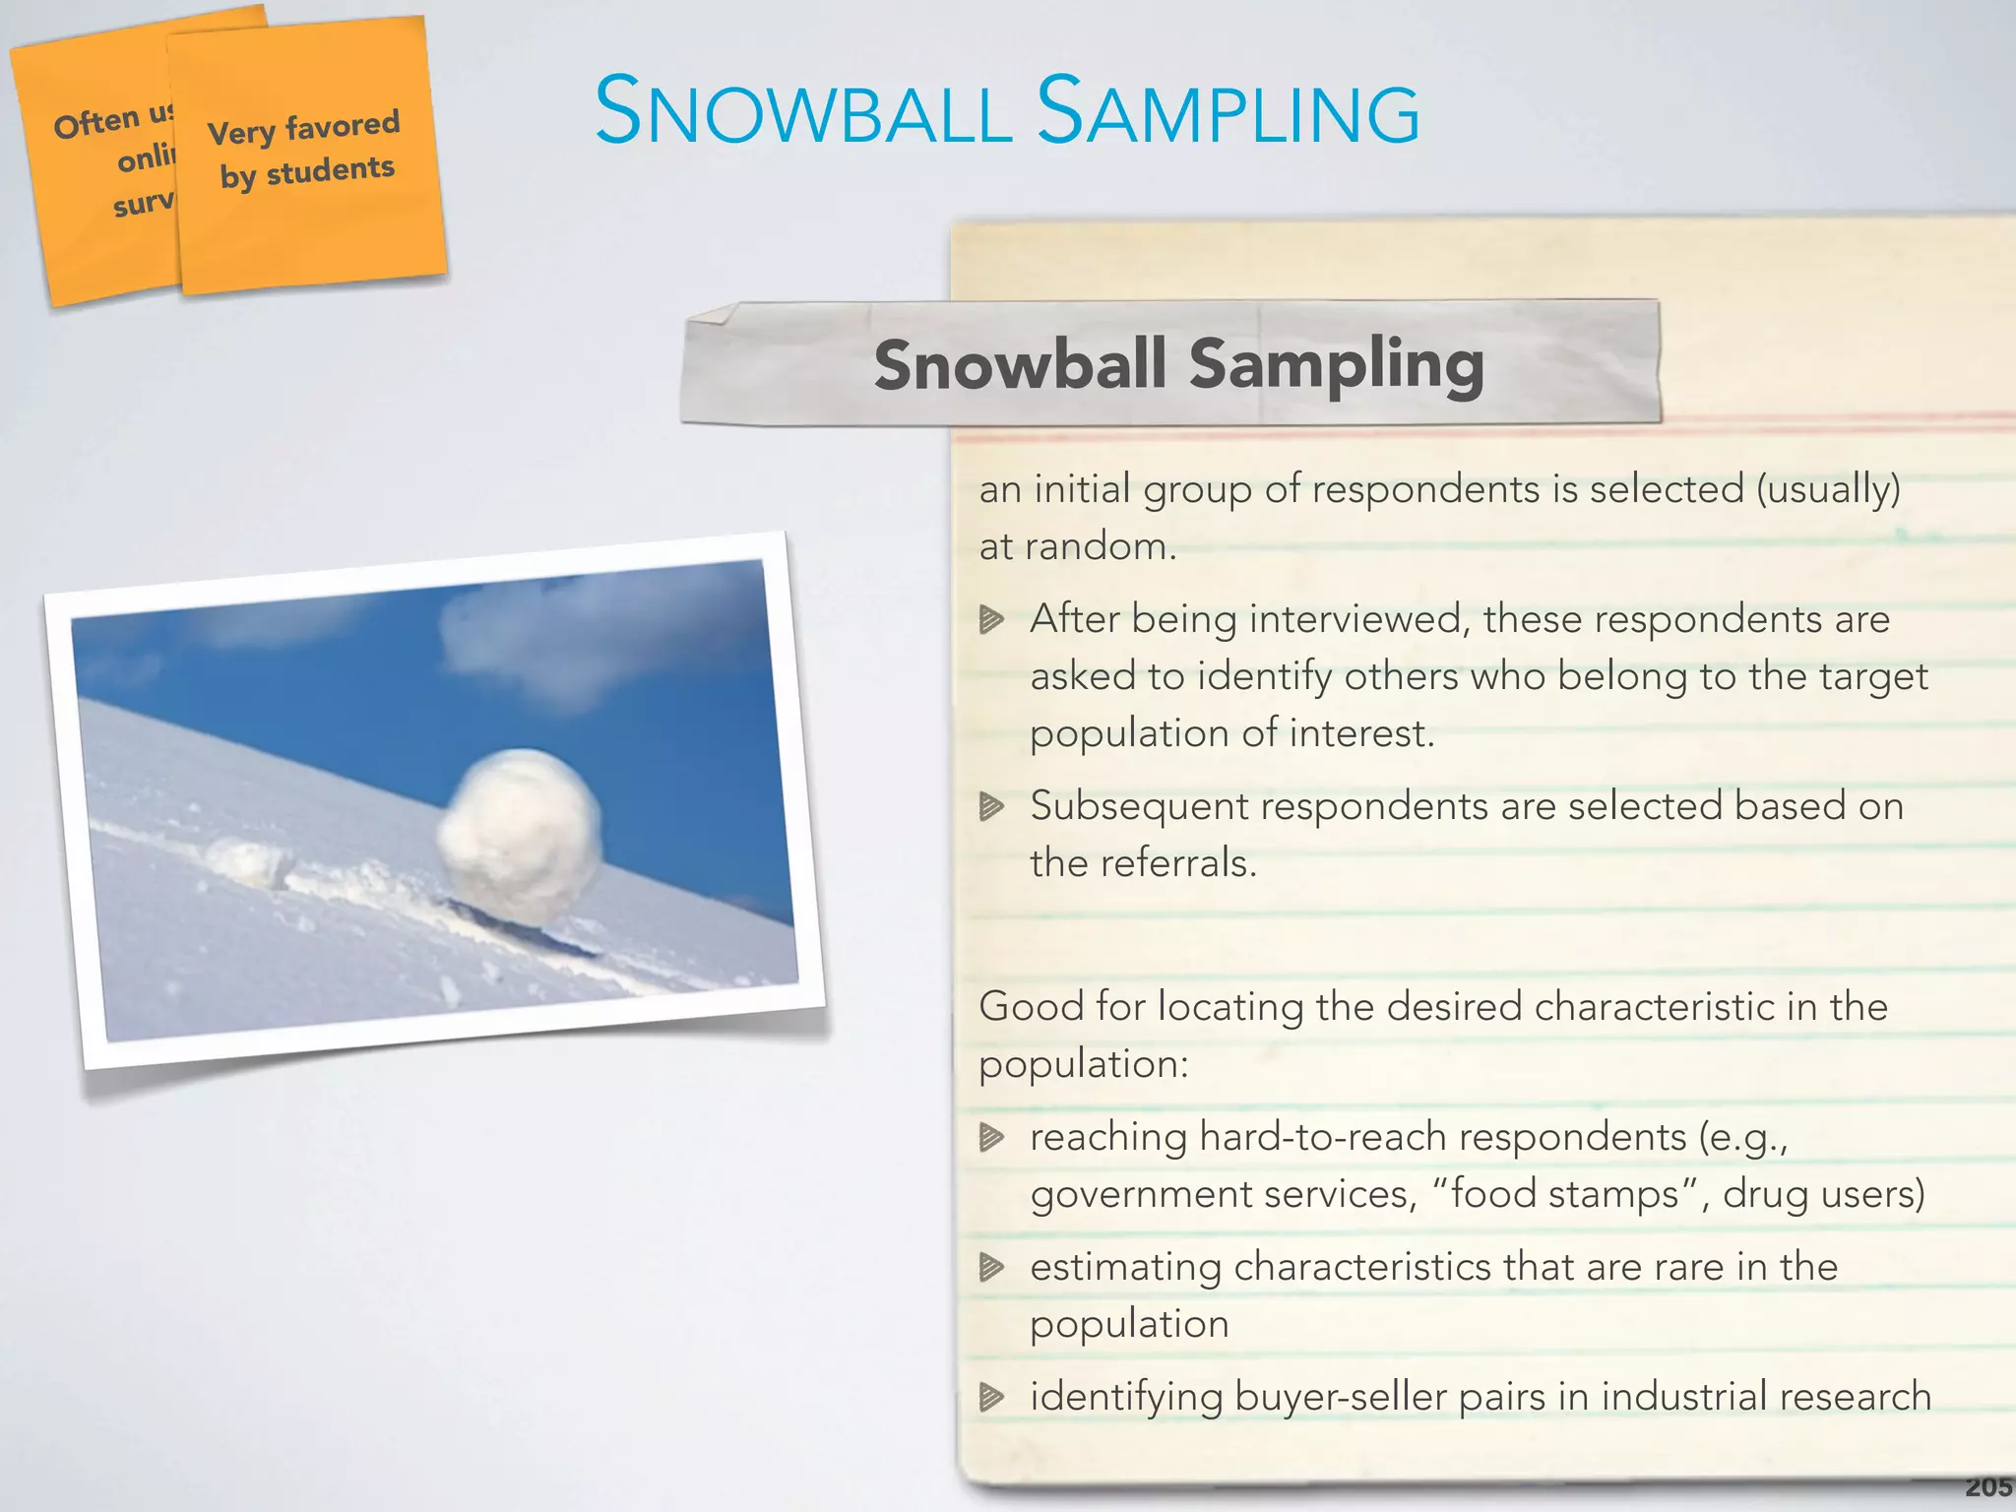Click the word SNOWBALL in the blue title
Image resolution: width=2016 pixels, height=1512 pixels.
coord(802,112)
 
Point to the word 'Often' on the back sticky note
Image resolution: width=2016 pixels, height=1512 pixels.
coord(95,124)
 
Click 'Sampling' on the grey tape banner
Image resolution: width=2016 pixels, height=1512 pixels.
coord(1336,363)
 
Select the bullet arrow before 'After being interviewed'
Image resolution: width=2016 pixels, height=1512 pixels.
coord(991,620)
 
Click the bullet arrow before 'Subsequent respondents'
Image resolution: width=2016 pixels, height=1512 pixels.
coord(991,807)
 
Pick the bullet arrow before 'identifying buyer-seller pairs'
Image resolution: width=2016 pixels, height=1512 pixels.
coord(991,1397)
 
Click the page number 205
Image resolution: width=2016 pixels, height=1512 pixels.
coord(1987,1486)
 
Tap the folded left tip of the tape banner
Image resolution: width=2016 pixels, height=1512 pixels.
coord(711,315)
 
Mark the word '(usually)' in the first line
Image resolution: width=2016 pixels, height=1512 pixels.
coord(1829,489)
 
